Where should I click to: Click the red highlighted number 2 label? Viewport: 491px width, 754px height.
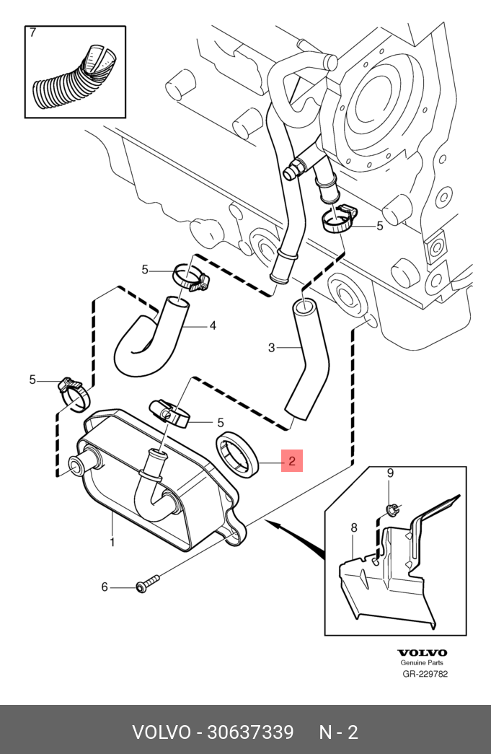[x=292, y=460]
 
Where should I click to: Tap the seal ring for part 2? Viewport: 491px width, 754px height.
[x=239, y=455]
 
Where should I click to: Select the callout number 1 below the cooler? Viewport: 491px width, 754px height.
[x=112, y=543]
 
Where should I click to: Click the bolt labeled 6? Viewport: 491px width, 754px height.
[x=148, y=583]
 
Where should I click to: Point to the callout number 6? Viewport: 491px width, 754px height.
[x=105, y=587]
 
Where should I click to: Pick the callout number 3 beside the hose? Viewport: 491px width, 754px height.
[x=271, y=347]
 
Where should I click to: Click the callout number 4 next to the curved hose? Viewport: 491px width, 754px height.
[x=213, y=325]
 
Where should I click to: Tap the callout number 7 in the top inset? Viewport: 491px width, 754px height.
[x=32, y=32]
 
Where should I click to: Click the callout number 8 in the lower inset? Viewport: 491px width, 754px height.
[x=354, y=527]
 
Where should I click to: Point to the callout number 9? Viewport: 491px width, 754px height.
[x=390, y=473]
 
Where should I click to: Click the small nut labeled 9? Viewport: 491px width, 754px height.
[x=392, y=508]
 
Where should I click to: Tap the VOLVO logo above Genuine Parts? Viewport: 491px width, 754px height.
[x=422, y=652]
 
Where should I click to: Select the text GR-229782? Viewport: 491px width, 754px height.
[x=425, y=674]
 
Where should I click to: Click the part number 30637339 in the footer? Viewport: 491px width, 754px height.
[x=249, y=732]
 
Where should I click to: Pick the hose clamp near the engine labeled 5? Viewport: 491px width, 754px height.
[x=339, y=219]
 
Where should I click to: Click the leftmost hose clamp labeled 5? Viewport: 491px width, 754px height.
[x=74, y=393]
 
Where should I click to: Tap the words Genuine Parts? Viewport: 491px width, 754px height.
[x=422, y=662]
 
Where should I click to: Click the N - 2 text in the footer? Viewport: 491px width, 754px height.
[x=339, y=732]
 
